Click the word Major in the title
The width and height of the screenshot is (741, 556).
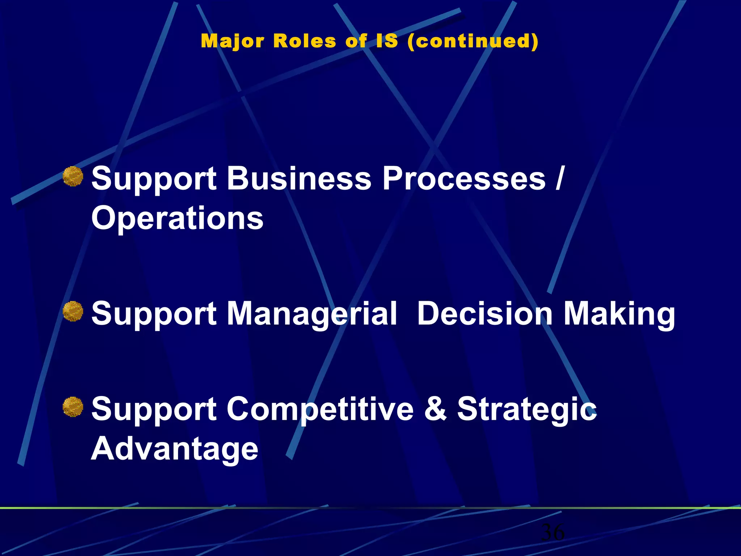232,41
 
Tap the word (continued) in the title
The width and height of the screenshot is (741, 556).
473,41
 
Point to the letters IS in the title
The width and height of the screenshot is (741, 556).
387,41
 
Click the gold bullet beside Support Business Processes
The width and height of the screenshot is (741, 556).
73,177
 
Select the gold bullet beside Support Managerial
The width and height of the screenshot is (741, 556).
73,311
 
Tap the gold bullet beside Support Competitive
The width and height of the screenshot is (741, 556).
73,407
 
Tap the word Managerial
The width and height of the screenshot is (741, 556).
312,313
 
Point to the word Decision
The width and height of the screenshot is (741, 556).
485,313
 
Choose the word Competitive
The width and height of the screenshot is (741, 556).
320,409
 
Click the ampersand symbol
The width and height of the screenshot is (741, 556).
435,409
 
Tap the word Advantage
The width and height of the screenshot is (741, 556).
174,449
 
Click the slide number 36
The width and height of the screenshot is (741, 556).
552,532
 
